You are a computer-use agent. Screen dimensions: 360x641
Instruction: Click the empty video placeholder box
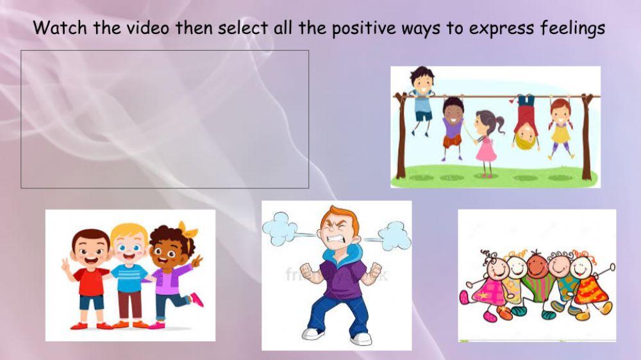click(165, 119)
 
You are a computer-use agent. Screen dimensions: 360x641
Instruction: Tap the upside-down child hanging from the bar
click(525, 121)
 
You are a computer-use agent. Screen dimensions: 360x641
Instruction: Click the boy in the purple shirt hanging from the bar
click(453, 125)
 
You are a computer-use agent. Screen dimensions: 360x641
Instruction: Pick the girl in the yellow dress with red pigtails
click(560, 125)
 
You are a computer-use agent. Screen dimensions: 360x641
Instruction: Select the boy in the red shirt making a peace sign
click(90, 275)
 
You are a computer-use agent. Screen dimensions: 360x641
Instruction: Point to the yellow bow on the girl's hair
click(188, 229)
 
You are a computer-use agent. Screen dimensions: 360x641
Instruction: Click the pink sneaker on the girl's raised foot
click(197, 299)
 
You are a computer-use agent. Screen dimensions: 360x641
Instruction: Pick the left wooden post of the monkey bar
click(401, 135)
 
